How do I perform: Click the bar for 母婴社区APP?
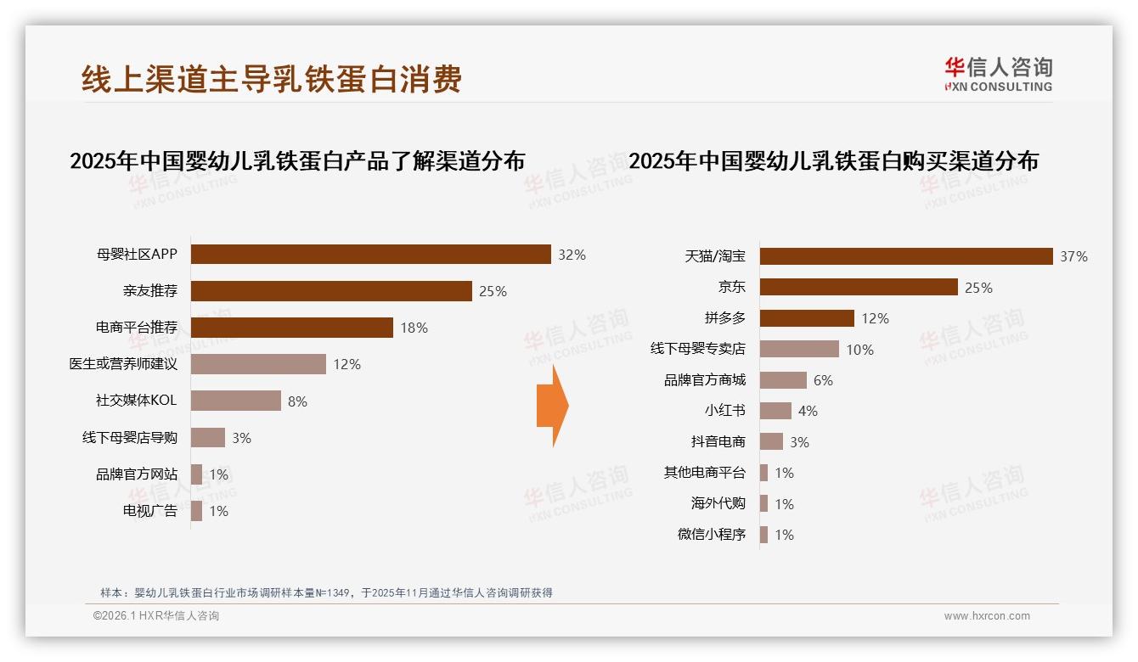(370, 255)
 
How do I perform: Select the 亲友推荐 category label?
(149, 291)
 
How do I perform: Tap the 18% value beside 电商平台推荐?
(414, 328)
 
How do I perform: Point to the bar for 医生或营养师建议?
(258, 364)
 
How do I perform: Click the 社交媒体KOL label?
(136, 401)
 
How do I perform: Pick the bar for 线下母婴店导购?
(208, 437)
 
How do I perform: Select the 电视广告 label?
(149, 511)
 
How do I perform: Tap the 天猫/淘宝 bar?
(906, 256)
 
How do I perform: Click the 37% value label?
(1073, 256)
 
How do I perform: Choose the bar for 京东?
(859, 287)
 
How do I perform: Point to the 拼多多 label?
(724, 318)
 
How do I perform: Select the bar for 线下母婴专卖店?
(799, 349)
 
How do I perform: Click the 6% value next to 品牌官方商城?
(823, 380)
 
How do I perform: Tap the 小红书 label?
(724, 411)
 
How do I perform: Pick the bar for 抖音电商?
(771, 441)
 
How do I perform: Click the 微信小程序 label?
(711, 535)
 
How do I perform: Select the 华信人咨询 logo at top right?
(998, 74)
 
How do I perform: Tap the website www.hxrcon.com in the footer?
(987, 616)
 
